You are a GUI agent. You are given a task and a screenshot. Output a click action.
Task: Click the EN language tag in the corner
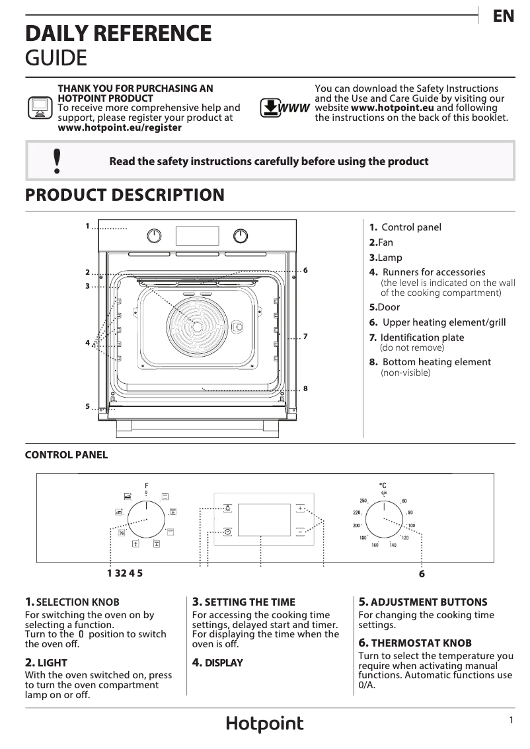click(x=504, y=17)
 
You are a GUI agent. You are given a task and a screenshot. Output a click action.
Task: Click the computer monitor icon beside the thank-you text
click(x=39, y=107)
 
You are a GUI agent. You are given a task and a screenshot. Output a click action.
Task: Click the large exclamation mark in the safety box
click(x=57, y=161)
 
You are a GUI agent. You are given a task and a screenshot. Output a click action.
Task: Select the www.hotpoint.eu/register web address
click(x=120, y=127)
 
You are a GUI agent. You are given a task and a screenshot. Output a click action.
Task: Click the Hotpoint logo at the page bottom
click(x=265, y=724)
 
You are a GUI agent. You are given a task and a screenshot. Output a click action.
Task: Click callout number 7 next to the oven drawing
click(x=305, y=337)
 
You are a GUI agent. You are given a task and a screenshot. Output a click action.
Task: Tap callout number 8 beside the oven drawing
click(x=305, y=388)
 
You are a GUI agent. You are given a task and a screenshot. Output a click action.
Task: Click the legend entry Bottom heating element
click(x=436, y=362)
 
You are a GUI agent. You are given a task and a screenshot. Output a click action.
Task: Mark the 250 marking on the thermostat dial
click(x=363, y=501)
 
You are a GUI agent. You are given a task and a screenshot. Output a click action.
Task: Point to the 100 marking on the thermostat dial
click(x=410, y=526)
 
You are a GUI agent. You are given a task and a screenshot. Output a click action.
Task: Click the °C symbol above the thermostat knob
click(x=383, y=485)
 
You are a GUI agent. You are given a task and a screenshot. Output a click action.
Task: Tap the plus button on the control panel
click(x=301, y=508)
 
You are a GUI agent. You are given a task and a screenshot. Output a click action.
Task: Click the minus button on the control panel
click(x=301, y=531)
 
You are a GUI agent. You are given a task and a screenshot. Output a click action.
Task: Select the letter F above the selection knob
click(x=146, y=486)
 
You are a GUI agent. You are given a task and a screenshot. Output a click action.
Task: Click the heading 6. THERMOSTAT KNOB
click(x=415, y=643)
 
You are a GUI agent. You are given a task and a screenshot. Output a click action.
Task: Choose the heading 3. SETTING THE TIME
click(x=243, y=602)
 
